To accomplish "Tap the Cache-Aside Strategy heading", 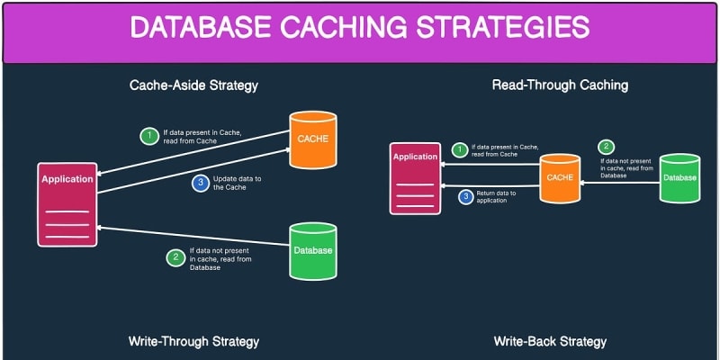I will (193, 85).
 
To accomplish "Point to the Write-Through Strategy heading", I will (193, 342).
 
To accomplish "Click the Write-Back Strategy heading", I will (550, 342).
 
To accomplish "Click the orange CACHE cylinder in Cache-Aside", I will (312, 140).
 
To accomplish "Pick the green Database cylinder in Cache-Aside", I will (312, 251).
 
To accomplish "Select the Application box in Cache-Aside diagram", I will (67, 203).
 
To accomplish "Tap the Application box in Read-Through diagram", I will (415, 178).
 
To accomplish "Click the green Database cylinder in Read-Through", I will (679, 179).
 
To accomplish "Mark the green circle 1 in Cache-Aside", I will (148, 137).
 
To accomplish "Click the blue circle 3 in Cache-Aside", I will (200, 183).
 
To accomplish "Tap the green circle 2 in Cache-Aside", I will (175, 256).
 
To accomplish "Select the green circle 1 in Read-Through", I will (460, 150).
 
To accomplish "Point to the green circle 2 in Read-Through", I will (606, 147).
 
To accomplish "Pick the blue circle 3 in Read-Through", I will (465, 196).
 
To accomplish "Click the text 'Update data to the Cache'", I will (238, 183).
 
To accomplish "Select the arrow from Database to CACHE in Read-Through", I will (620, 182).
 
